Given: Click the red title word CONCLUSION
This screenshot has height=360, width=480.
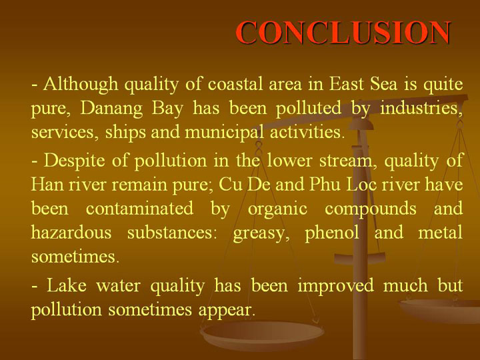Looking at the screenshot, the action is point(343,33).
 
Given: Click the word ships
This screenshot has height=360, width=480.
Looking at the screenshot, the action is point(125,133).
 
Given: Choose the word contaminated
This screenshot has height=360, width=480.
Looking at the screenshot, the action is point(139,209).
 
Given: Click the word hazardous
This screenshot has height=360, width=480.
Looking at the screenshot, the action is point(71,233).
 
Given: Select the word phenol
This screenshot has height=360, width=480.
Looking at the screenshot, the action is point(332,233).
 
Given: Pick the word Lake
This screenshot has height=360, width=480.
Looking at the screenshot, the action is point(67,285).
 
